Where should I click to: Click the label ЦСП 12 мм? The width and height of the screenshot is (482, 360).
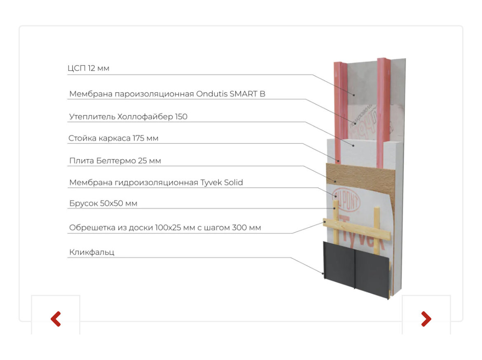pos(89,68)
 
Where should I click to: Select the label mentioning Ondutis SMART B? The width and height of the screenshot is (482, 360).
pos(167,94)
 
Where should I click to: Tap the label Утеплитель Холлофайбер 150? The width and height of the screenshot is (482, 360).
pos(128,117)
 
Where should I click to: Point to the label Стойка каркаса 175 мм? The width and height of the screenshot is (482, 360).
pos(113,139)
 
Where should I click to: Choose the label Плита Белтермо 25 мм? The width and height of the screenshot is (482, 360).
pos(115,161)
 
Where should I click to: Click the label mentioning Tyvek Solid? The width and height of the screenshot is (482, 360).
pos(156,182)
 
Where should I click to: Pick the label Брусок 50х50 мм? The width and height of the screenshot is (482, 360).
pos(103,204)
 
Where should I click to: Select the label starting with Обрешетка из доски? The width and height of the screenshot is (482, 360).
pos(165,228)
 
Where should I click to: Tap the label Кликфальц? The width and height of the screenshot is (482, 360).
pos(91,252)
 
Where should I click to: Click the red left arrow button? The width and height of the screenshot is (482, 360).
pos(56,318)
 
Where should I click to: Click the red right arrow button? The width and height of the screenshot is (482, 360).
pos(426,318)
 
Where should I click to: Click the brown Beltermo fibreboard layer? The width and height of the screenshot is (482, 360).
pos(363,177)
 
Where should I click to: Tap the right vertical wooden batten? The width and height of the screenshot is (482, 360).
pos(377,225)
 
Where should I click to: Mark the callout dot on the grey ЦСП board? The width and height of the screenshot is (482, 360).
pos(353,94)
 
